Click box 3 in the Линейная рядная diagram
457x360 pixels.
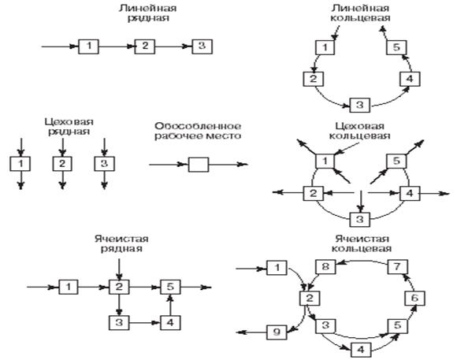point(202,46)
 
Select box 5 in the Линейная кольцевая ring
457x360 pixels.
point(396,47)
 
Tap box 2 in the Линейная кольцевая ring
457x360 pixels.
point(314,79)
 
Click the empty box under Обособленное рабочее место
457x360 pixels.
point(199,165)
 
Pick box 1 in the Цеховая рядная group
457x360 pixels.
point(20,164)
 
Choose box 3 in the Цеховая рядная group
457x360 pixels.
point(104,164)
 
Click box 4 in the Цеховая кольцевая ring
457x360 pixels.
point(410,193)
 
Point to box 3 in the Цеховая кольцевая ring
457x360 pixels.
point(360,219)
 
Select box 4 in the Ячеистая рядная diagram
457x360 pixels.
point(170,323)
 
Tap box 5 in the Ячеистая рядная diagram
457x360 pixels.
point(170,287)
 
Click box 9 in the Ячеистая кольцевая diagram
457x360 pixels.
point(277,332)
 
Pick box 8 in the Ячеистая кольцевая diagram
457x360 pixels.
point(325,267)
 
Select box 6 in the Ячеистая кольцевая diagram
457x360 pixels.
point(415,298)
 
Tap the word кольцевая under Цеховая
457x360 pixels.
point(359,135)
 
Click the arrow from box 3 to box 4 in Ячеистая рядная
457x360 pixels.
point(145,323)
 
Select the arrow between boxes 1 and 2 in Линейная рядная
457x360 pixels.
point(117,46)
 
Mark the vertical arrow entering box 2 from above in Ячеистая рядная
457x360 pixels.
point(119,269)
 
